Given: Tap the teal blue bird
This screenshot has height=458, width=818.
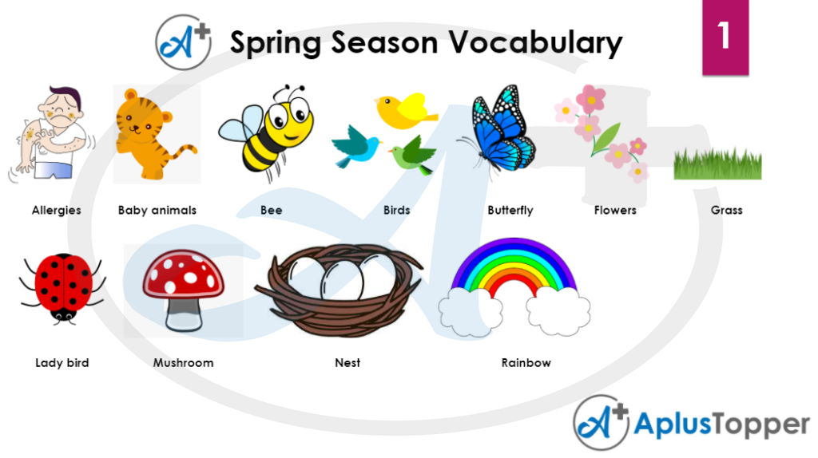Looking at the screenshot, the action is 356,146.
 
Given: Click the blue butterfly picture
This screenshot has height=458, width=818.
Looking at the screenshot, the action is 498,130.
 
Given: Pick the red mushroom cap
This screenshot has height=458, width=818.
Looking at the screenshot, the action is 183,274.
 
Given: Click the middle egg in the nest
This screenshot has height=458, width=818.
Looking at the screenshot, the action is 342,280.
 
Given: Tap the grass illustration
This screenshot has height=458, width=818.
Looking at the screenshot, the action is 718,164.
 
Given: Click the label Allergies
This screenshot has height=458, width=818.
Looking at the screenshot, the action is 57,211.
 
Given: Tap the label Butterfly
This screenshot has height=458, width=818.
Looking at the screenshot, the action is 510,211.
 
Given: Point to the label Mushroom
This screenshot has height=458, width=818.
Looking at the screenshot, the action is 183,362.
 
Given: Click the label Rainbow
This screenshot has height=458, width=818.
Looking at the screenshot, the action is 526,362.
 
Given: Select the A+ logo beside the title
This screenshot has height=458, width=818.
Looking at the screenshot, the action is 184,42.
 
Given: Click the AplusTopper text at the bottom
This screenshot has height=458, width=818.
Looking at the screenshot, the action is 721,424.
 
